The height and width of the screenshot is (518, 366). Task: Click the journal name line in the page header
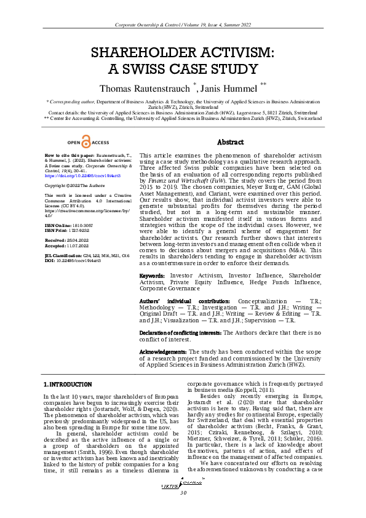[183, 24]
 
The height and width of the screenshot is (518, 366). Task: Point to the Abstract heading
[231, 142]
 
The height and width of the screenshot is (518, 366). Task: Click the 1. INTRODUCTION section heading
[67, 385]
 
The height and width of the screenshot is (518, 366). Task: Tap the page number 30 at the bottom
[183, 510]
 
